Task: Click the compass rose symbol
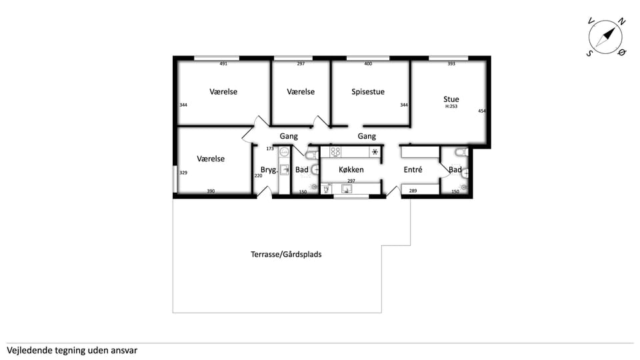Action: click(x=606, y=37)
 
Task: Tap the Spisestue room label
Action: click(x=368, y=92)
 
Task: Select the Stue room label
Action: click(x=451, y=99)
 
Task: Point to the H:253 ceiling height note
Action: click(x=451, y=106)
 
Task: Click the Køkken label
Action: click(x=351, y=169)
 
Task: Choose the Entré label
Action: click(x=413, y=169)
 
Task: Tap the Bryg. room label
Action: click(x=269, y=170)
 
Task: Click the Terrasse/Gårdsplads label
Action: click(x=286, y=254)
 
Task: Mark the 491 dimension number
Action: click(x=223, y=64)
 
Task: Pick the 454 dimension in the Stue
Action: click(x=482, y=111)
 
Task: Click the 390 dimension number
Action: click(x=211, y=191)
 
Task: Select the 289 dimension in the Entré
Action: click(x=413, y=191)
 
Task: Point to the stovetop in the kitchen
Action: click(x=335, y=152)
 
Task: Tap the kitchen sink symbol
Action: click(x=347, y=189)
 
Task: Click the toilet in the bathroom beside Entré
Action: click(x=461, y=152)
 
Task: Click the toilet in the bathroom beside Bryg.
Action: click(x=312, y=155)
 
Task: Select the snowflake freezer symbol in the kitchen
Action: click(x=375, y=152)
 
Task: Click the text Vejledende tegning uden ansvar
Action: click(x=72, y=350)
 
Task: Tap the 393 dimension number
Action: click(x=451, y=64)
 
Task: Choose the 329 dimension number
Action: click(x=183, y=173)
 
